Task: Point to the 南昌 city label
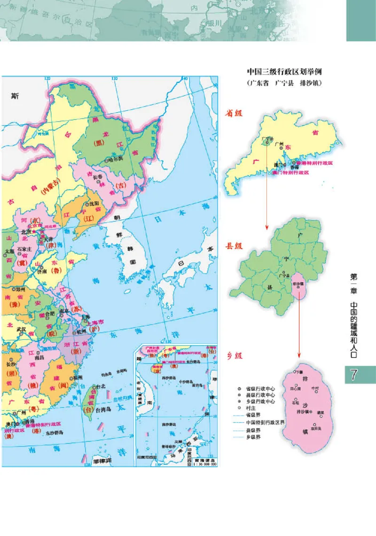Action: (46, 358)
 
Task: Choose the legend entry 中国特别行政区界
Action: (266, 422)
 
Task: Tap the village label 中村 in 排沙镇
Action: (315, 389)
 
